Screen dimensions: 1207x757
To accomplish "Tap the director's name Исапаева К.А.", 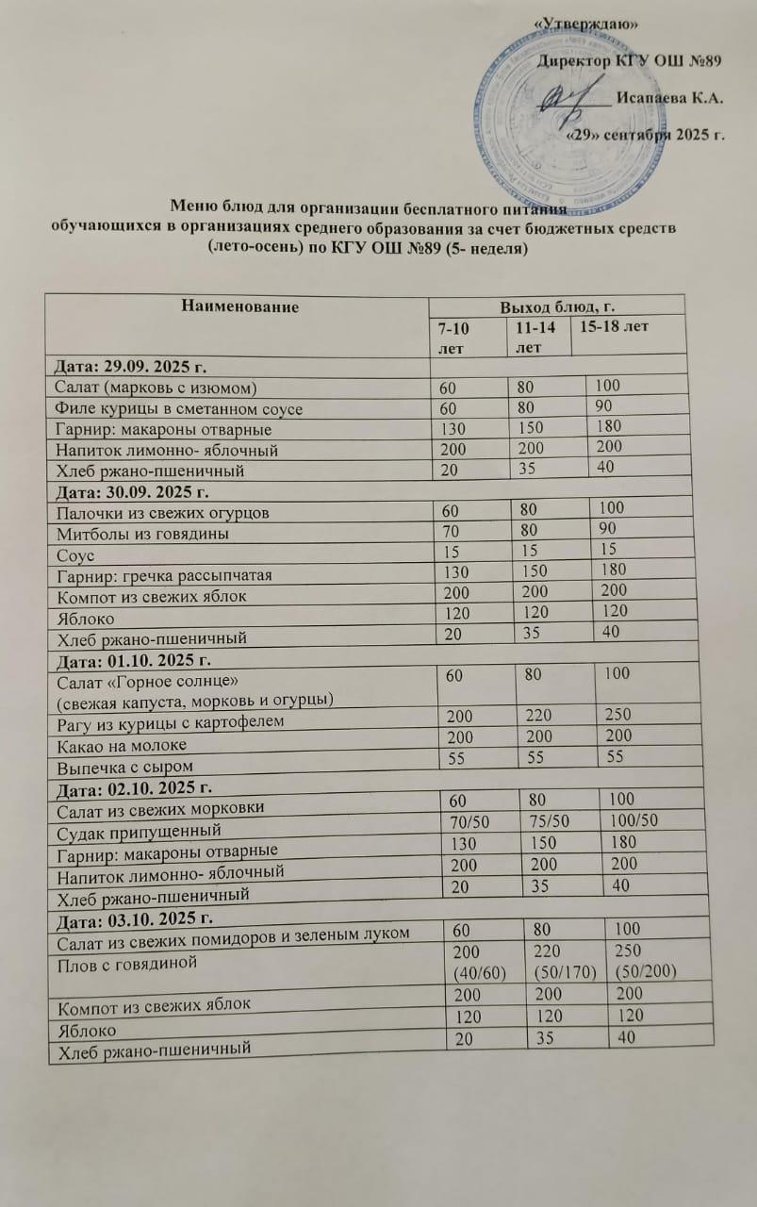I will click(670, 98).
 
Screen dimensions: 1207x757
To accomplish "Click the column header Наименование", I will click(237, 306).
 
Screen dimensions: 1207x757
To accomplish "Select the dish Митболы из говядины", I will click(132, 534).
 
